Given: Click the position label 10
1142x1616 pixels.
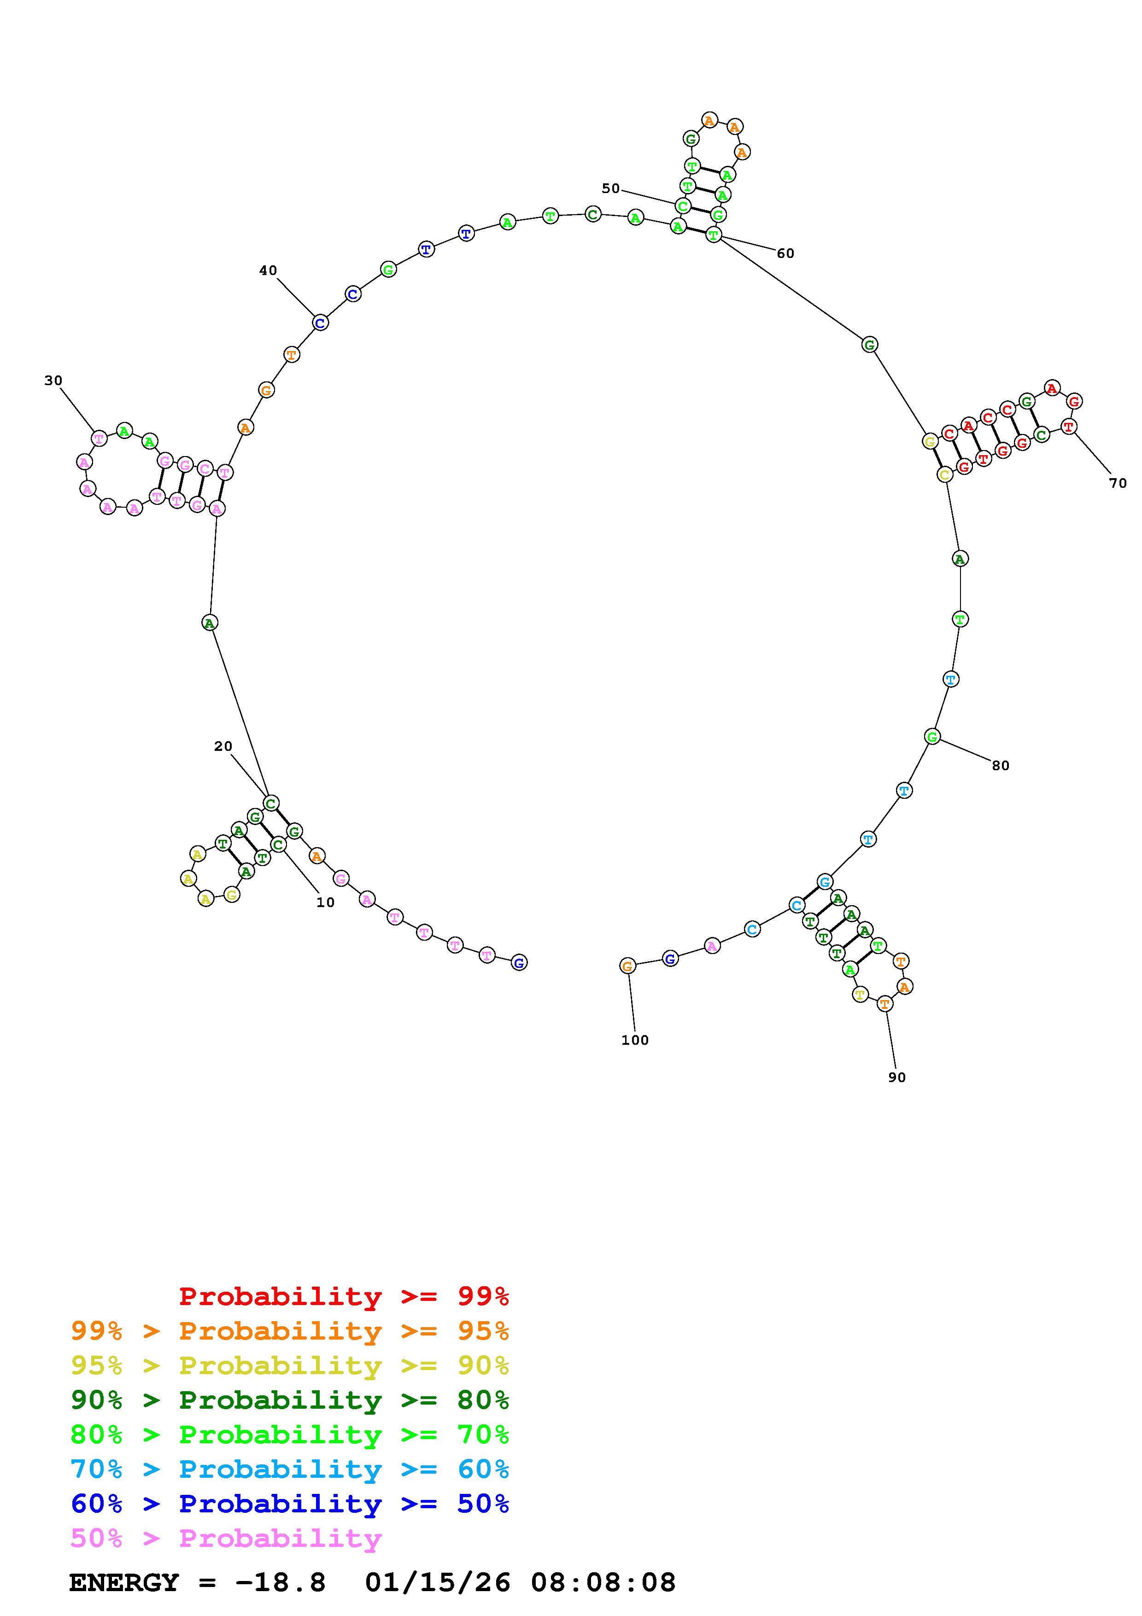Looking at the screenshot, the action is (x=325, y=903).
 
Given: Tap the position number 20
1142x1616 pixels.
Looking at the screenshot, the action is (x=223, y=747).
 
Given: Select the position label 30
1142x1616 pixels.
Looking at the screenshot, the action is (x=53, y=381).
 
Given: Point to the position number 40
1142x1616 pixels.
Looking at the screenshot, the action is (x=268, y=270).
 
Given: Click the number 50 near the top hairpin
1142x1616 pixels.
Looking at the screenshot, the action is (x=611, y=188).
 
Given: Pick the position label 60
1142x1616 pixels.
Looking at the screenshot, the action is (x=785, y=253).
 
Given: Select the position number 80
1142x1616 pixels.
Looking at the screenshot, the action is (x=1001, y=766).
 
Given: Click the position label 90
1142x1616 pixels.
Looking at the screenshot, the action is (x=897, y=1077).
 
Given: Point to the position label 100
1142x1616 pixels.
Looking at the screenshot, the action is (x=635, y=1040).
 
